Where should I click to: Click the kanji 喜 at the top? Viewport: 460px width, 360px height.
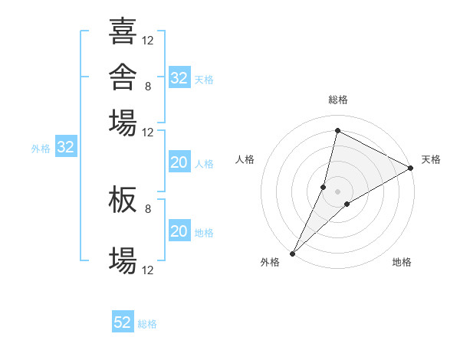pos(123,31)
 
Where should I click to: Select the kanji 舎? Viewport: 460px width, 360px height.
pos(123,77)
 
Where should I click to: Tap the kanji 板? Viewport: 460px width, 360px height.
pos(123,199)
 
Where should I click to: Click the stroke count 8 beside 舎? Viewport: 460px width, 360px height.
pos(148,87)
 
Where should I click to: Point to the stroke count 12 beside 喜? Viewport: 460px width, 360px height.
pos(147,41)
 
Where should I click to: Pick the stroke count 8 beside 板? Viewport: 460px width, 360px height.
pos(148,209)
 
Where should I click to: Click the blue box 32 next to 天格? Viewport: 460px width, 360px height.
pos(179,77)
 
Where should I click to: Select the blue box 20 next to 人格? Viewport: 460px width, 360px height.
pos(179,162)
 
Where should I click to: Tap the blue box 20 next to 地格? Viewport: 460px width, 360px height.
pos(179,230)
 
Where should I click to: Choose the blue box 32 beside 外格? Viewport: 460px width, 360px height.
pos(66,146)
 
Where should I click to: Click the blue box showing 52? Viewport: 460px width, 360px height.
pos(123,321)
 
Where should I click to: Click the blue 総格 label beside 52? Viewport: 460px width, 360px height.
pos(147,324)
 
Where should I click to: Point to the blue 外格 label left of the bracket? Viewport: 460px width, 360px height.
pos(41,149)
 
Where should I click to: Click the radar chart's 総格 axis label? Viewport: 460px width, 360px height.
pos(338,100)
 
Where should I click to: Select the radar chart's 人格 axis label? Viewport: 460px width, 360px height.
pos(245,159)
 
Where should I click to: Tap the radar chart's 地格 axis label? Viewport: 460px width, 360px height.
pos(402,262)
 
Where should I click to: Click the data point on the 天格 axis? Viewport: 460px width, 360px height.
pos(411,168)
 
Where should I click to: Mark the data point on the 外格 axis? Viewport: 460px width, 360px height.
pos(293,254)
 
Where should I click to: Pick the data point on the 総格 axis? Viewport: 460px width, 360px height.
pos(337,130)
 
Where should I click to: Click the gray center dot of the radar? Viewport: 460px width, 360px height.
pos(337,191)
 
